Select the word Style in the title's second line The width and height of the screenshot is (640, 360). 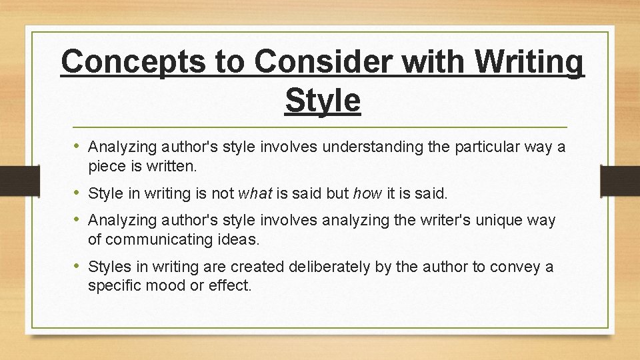[323, 101]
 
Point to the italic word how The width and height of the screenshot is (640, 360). [367, 194]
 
